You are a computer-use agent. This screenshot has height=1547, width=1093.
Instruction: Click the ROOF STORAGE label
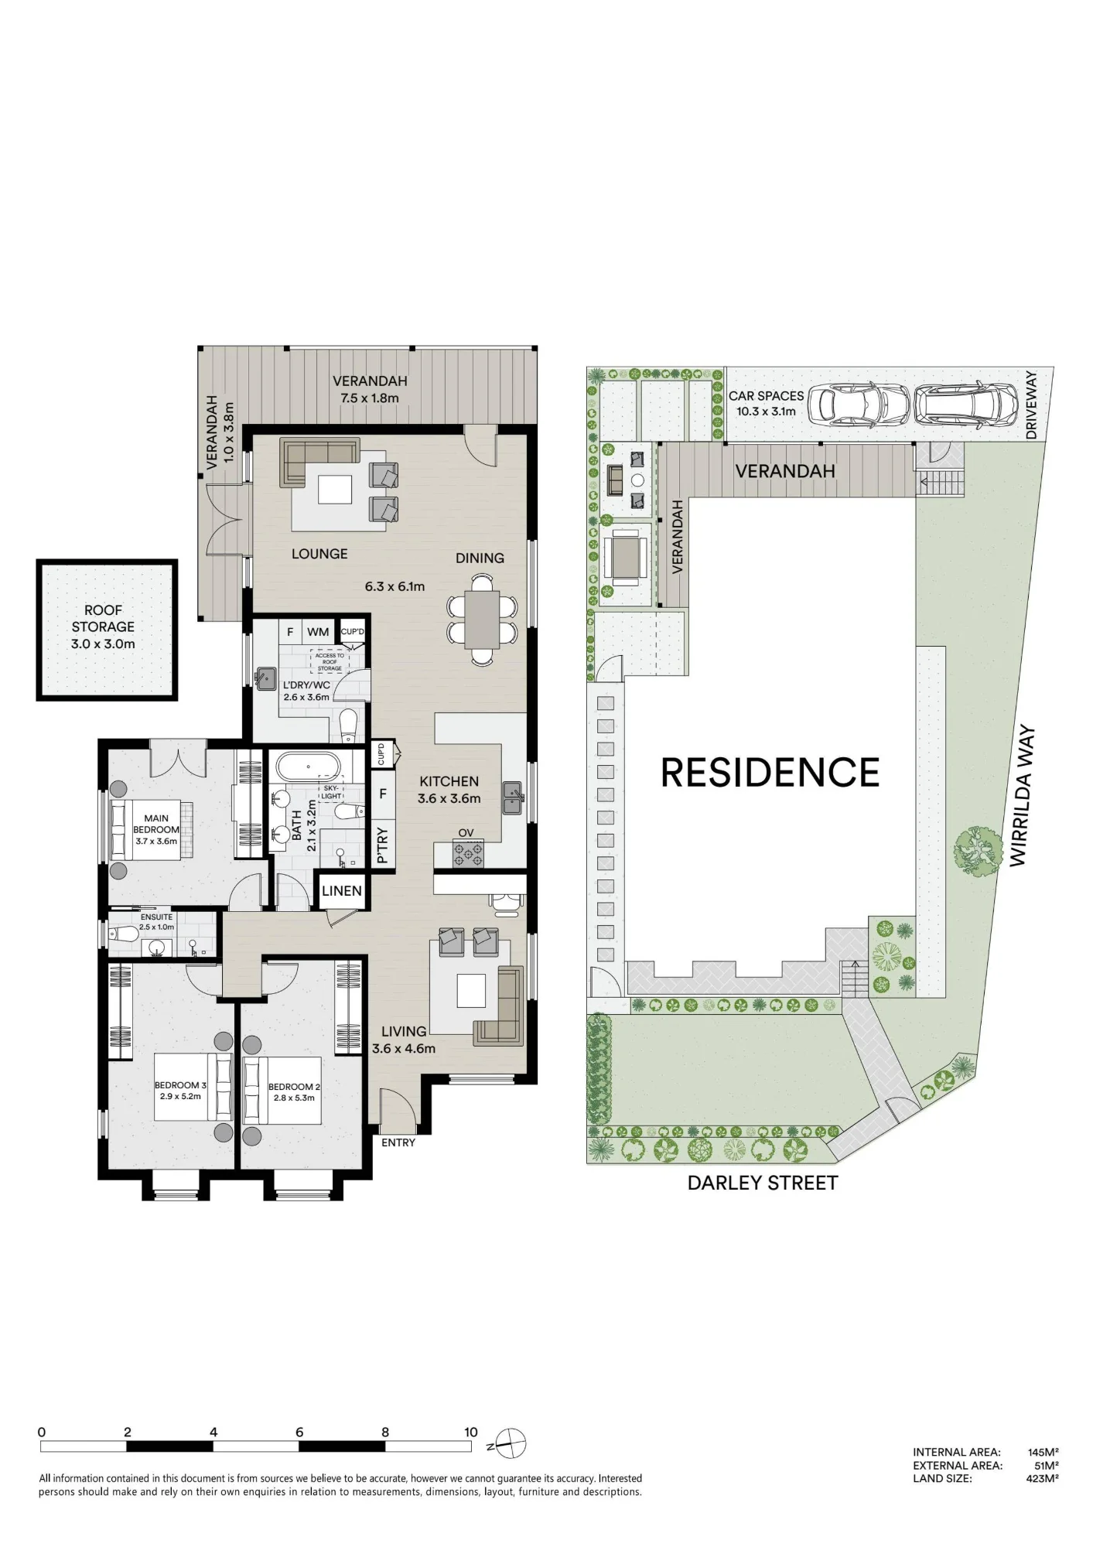click(103, 627)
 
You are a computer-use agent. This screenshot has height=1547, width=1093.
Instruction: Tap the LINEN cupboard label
click(341, 890)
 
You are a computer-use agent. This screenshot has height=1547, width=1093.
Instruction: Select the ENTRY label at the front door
click(398, 1142)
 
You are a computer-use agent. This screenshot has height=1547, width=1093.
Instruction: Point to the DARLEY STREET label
click(762, 1183)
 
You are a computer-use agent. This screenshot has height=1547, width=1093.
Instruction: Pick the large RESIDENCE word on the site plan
click(770, 772)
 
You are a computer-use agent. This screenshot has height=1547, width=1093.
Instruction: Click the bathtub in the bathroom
click(308, 766)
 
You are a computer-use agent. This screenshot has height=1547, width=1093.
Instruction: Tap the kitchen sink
click(512, 798)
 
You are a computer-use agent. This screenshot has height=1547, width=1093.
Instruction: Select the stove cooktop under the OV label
click(469, 853)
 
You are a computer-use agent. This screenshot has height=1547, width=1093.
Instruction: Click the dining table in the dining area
click(481, 619)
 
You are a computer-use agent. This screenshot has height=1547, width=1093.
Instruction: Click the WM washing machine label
click(318, 632)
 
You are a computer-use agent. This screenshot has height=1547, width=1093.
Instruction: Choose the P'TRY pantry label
click(382, 845)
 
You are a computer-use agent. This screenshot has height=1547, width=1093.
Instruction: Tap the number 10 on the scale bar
click(470, 1432)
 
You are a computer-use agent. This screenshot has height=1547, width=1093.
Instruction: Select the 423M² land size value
click(1043, 1478)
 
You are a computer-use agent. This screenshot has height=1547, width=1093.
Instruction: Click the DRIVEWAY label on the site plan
click(1030, 405)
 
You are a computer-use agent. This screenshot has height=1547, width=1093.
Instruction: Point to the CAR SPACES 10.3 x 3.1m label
click(766, 403)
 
